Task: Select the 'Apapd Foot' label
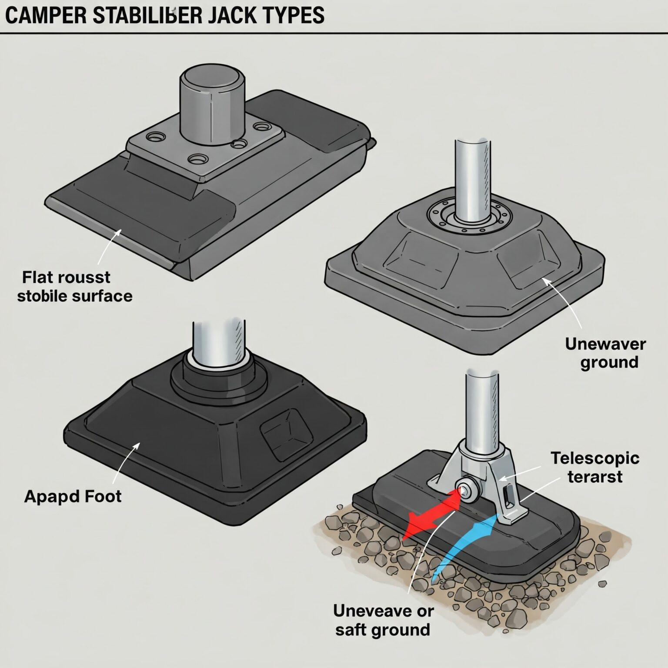tap(73, 496)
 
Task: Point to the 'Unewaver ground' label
tap(605, 353)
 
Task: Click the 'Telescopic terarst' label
tap(595, 467)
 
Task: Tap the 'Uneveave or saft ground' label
tap(383, 620)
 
